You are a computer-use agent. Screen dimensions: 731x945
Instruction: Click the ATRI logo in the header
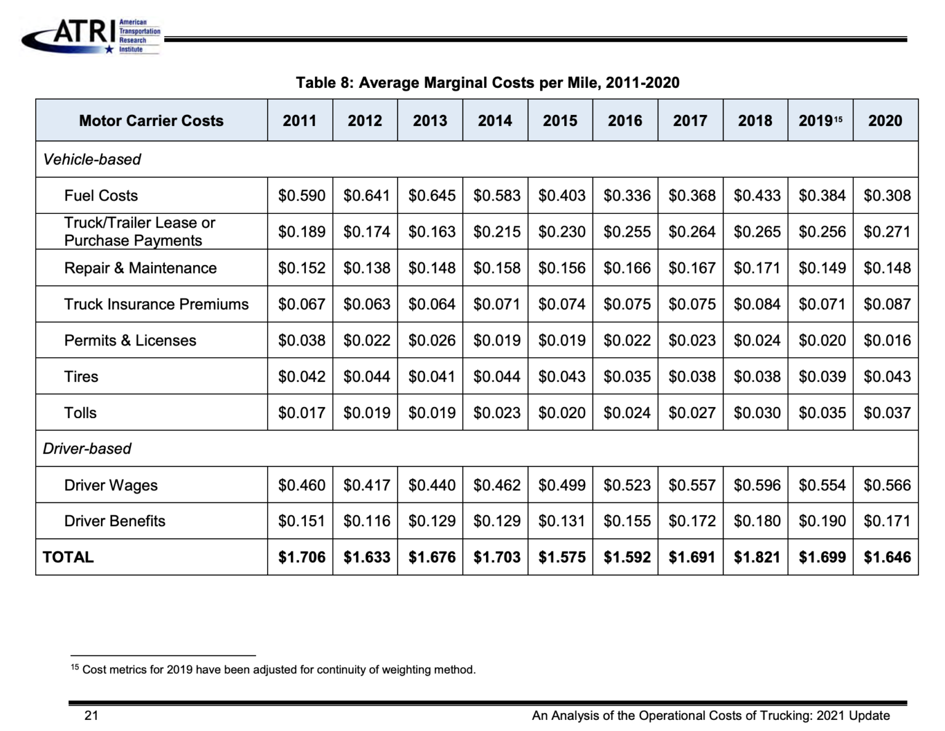pyautogui.click(x=91, y=36)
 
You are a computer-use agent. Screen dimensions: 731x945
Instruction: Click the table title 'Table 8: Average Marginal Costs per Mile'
pyautogui.click(x=487, y=82)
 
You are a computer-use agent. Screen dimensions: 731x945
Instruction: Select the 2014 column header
pyautogui.click(x=495, y=121)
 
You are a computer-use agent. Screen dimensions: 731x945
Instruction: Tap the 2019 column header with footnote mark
pyautogui.click(x=819, y=121)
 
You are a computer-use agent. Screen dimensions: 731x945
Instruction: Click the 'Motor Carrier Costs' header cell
pyautogui.click(x=151, y=121)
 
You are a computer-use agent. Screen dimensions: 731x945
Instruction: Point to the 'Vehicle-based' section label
pyautogui.click(x=92, y=159)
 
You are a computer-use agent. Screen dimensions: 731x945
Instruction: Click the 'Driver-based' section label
pyautogui.click(x=87, y=449)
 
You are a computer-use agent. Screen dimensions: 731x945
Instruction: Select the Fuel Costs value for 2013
pyautogui.click(x=431, y=196)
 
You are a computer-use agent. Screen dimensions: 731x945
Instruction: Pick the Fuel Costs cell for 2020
pyautogui.click(x=887, y=196)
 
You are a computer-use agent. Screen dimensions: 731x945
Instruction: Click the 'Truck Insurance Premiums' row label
pyautogui.click(x=156, y=304)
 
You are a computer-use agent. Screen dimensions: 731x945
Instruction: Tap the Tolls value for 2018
pyautogui.click(x=756, y=413)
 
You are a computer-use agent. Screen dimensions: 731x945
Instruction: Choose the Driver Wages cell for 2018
pyautogui.click(x=756, y=485)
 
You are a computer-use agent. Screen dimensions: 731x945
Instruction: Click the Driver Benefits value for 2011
pyautogui.click(x=301, y=521)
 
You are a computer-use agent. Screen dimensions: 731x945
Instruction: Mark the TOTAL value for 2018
pyautogui.click(x=756, y=557)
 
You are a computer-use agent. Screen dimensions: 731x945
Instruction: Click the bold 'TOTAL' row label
pyautogui.click(x=68, y=557)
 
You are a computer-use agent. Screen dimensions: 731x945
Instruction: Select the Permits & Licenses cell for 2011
pyautogui.click(x=301, y=341)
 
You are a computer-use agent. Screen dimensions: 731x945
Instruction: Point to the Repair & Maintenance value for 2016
pyautogui.click(x=626, y=268)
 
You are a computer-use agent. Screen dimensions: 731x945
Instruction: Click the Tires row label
pyautogui.click(x=81, y=377)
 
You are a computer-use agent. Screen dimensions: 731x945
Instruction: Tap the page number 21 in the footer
pyautogui.click(x=91, y=715)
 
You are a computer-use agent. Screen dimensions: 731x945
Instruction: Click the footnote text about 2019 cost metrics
pyautogui.click(x=278, y=670)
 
